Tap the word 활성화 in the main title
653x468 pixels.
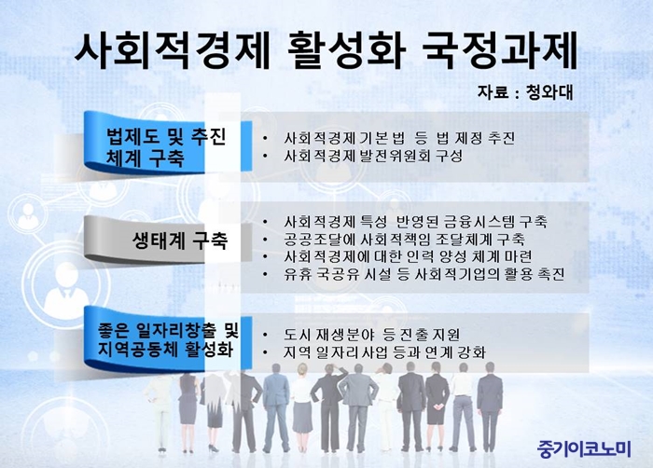click(x=346, y=50)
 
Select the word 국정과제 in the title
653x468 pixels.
click(x=499, y=50)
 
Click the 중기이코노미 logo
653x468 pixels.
click(x=584, y=448)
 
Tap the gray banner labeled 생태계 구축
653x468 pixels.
click(x=168, y=240)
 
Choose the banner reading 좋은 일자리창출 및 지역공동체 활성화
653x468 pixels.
click(x=168, y=339)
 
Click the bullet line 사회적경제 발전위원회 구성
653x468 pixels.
click(x=373, y=156)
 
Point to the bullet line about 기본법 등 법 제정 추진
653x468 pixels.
click(x=399, y=138)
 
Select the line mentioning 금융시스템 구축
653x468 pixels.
click(x=415, y=221)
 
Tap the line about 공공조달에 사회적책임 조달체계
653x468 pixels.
click(x=404, y=240)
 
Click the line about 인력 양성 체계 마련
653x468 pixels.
click(x=408, y=256)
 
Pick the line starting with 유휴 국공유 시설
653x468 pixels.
click(x=424, y=274)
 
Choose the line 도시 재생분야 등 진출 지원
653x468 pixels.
click(x=371, y=335)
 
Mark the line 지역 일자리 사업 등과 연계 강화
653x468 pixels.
click(x=384, y=352)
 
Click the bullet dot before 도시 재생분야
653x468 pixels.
click(x=265, y=335)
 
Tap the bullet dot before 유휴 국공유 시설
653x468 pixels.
click(x=265, y=275)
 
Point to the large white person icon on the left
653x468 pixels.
click(x=66, y=292)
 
